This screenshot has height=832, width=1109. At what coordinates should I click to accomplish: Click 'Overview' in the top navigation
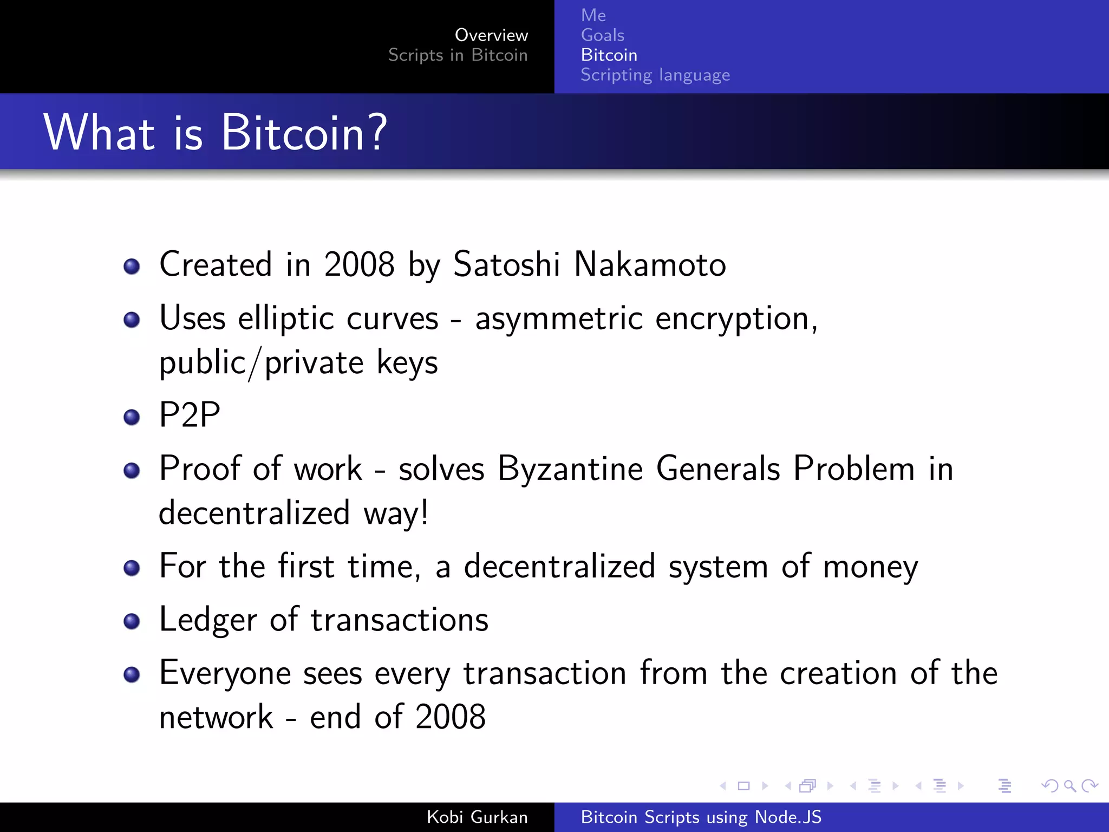coord(491,35)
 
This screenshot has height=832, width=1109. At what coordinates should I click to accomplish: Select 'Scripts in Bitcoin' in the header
coord(458,55)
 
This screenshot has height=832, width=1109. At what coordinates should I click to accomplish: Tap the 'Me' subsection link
coord(593,15)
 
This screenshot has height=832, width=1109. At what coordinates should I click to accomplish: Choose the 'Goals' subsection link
coord(602,35)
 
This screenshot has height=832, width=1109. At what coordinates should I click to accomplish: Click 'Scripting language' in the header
coord(655,75)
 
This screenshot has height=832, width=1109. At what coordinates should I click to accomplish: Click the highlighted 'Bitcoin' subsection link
coord(609,55)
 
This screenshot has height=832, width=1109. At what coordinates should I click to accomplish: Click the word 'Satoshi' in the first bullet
coord(506,265)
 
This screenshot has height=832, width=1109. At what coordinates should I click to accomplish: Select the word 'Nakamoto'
coord(649,265)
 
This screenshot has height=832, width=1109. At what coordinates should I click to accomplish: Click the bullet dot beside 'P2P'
coord(132,417)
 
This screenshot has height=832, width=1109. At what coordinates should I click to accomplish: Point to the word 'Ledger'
coord(208,620)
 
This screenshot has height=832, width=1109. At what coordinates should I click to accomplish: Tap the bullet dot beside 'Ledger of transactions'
coord(132,621)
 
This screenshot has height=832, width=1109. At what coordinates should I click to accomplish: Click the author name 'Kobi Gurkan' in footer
coord(477,817)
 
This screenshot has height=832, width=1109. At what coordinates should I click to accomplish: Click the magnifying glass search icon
coord(1069,785)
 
